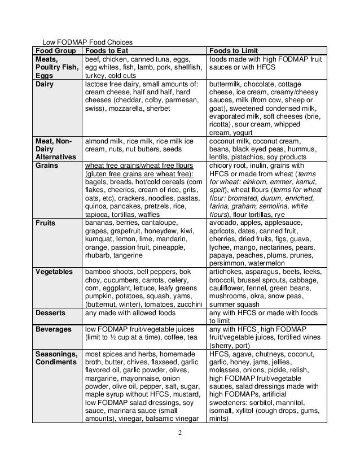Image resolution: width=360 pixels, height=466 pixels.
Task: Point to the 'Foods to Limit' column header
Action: pyautogui.click(x=234, y=50)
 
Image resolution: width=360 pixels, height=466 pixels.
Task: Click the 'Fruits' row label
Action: pyautogui.click(x=46, y=223)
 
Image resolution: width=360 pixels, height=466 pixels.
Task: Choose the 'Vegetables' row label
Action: pyautogui.click(x=54, y=272)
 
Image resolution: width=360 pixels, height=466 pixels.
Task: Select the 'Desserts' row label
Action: pyautogui.click(x=51, y=313)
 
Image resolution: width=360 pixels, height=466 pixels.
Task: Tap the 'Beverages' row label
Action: pyautogui.click(x=54, y=329)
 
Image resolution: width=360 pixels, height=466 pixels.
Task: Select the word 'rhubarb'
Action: pyautogui.click(x=99, y=255)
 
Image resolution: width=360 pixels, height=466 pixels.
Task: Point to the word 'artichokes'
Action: pyautogui.click(x=227, y=272)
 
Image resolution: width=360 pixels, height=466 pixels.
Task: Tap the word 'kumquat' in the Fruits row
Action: pyautogui.click(x=100, y=239)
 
